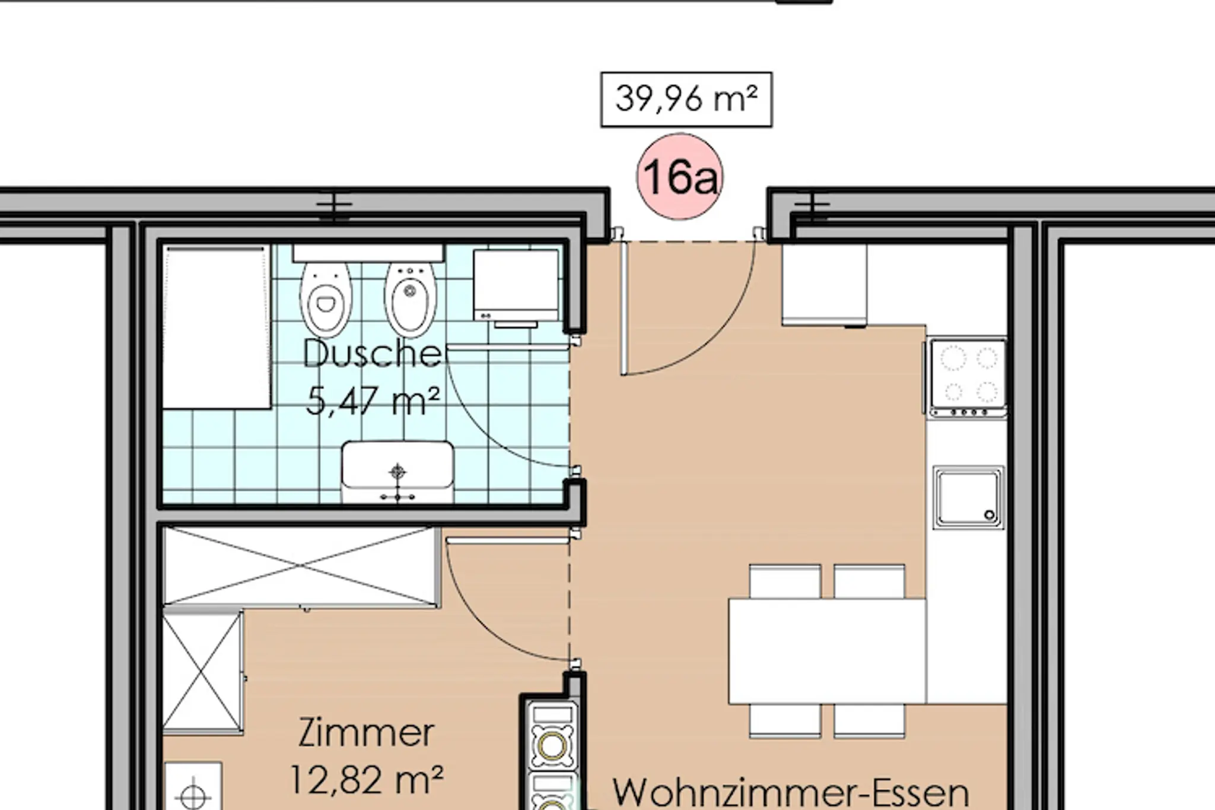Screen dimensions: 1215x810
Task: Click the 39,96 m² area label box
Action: pos(686,100)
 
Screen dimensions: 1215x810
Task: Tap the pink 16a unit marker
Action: pos(680,176)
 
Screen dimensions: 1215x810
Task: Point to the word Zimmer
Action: pos(366,732)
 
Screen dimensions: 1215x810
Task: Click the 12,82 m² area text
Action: pos(366,779)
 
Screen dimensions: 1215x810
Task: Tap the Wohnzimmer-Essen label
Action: pos(790,792)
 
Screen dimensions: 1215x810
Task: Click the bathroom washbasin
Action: pos(397,472)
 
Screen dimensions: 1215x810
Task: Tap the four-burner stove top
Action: pos(968,377)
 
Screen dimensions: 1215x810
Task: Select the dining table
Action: pos(827,651)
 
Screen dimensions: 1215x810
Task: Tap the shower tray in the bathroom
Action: pos(217,328)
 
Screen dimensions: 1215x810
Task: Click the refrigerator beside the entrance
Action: pos(824,284)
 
